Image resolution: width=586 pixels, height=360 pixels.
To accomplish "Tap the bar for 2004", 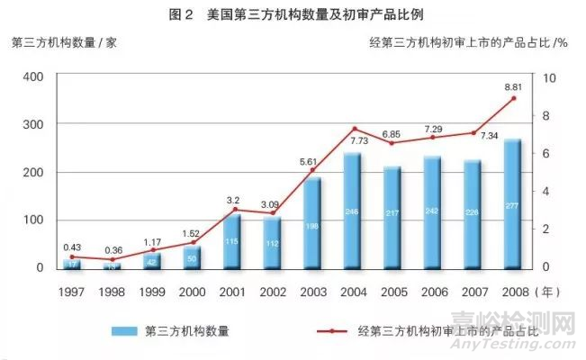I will coord(353,211).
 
